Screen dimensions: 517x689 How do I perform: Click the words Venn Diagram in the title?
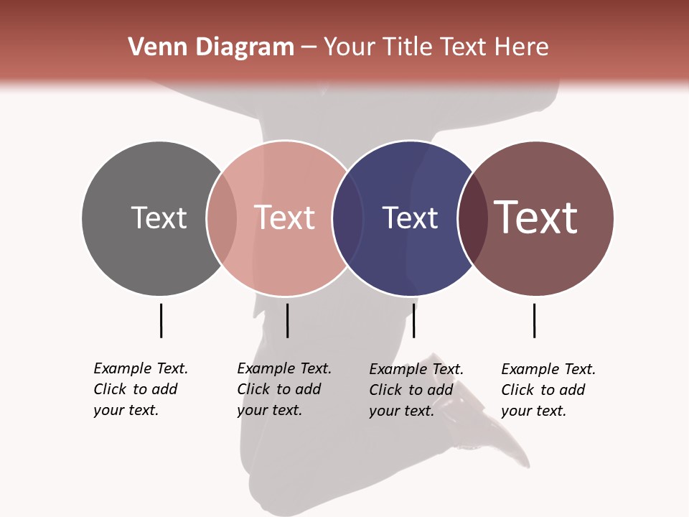pos(210,47)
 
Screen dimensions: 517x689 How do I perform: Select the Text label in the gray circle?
pos(159,218)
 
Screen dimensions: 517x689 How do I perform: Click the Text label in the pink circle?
pos(285,218)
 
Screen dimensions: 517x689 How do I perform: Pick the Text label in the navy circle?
pos(410,218)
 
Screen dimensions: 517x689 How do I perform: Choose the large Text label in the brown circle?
pos(536,217)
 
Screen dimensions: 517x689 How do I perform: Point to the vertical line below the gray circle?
pos(161,320)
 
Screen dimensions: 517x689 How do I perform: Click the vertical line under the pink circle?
pos(287,320)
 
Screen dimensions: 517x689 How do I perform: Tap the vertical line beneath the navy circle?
pos(413,320)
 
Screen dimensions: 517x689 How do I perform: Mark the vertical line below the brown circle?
pos(534,320)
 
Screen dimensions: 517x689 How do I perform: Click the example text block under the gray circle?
pos(141,389)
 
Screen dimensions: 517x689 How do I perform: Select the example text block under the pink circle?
pos(284,389)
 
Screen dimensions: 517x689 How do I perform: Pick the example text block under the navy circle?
pos(416,390)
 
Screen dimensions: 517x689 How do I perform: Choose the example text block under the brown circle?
pos(548,390)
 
